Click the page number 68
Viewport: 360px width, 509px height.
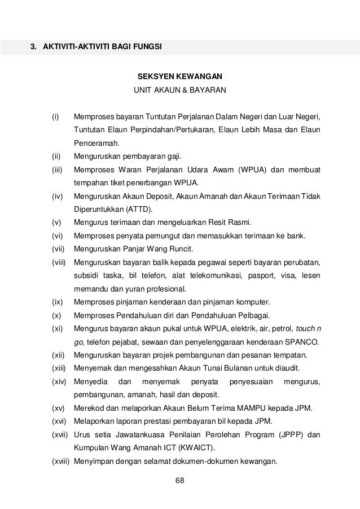pos(180,481)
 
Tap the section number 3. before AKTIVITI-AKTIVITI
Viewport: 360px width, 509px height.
pos(33,46)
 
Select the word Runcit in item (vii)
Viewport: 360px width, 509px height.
pos(177,249)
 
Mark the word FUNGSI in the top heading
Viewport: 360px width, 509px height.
pos(145,46)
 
